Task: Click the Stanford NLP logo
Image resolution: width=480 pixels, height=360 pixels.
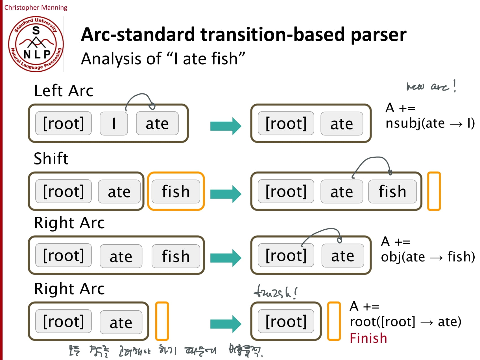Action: point(36,44)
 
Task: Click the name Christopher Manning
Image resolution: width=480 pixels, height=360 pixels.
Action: point(36,7)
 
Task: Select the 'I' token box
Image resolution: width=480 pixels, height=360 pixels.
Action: point(114,123)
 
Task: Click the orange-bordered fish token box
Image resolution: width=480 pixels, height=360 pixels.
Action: point(176,191)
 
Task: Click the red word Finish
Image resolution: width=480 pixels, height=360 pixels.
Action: point(368,338)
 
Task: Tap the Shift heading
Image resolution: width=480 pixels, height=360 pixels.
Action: point(51,158)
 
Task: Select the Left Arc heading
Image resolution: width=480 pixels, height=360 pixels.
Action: point(64,91)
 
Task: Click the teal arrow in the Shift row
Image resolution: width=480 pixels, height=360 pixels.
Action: point(226,194)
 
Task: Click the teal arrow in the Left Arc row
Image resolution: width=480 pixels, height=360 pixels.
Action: point(226,126)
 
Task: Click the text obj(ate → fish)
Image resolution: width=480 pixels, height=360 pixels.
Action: point(427,257)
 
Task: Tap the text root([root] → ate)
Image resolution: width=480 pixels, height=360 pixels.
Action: point(405,322)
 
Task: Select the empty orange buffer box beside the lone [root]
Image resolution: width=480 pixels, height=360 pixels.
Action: point(334,321)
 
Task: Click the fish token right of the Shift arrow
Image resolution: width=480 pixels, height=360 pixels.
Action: point(392,191)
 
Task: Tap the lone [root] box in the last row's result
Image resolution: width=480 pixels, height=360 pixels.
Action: point(286,321)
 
